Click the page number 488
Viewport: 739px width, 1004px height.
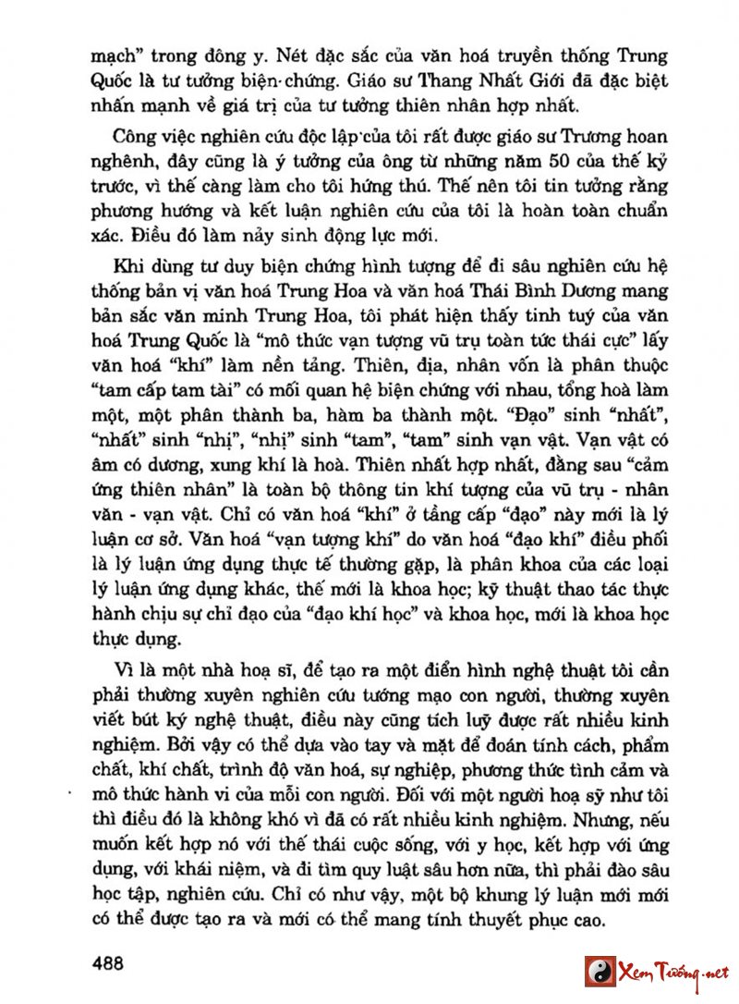tap(108, 962)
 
